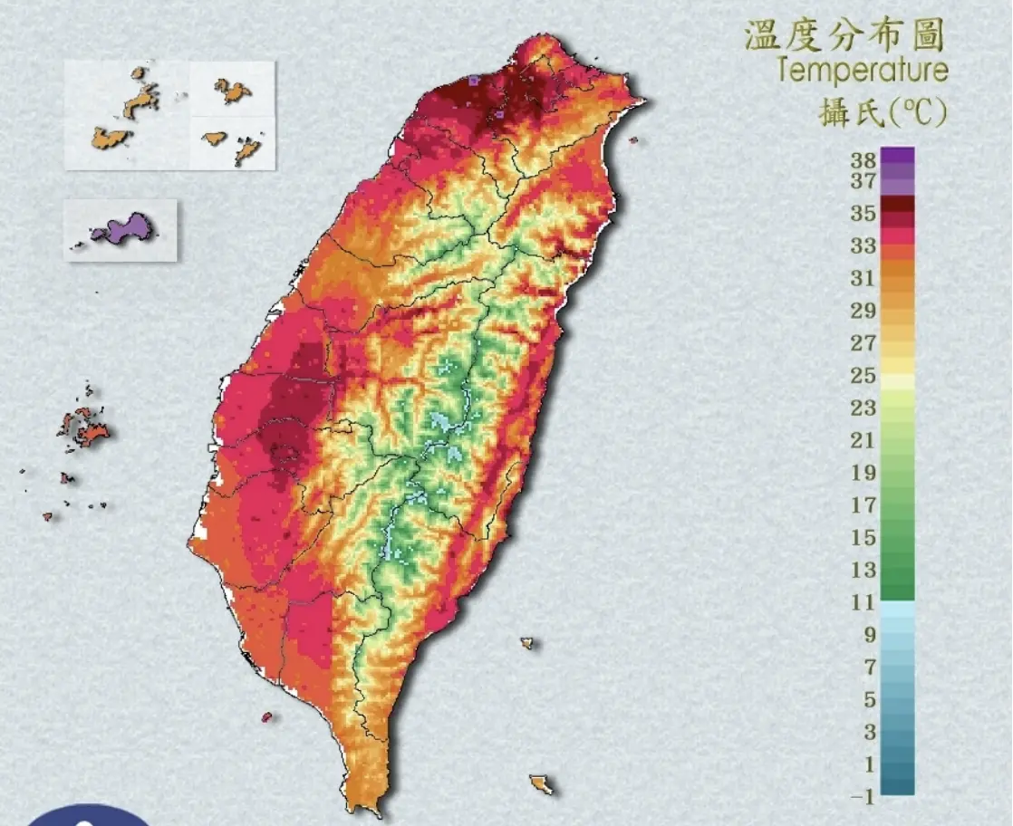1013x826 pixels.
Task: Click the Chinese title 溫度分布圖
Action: (x=844, y=35)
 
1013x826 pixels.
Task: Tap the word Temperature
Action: (x=862, y=71)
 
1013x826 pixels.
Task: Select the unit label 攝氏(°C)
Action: (x=883, y=113)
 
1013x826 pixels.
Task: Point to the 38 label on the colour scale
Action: (x=863, y=161)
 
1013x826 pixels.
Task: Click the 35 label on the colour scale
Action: (x=863, y=214)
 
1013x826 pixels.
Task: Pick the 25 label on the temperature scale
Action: (x=863, y=376)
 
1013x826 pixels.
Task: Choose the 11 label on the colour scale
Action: (x=863, y=603)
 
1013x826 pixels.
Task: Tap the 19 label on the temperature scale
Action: (x=863, y=474)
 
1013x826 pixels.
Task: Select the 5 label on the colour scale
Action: (x=869, y=700)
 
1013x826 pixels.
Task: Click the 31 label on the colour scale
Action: (x=863, y=279)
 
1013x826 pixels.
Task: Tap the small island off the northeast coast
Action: (x=633, y=139)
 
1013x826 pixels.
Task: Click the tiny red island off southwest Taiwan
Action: (x=266, y=717)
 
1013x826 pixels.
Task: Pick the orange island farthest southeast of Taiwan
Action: (x=542, y=783)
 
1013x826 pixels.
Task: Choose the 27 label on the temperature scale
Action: (x=863, y=343)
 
